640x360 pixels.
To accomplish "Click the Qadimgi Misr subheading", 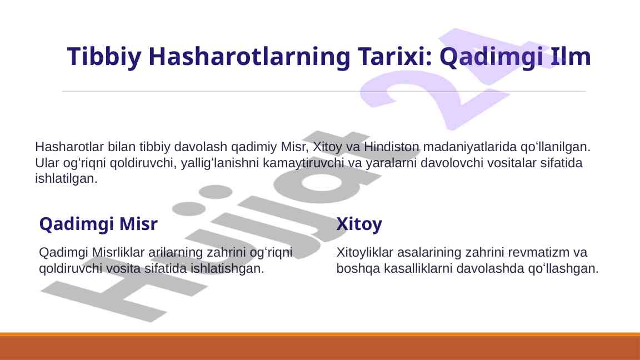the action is tap(98, 224).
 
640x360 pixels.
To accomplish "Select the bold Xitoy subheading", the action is tap(359, 224).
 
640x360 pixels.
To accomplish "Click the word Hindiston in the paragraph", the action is tap(392, 147).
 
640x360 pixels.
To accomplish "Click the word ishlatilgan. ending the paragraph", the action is tap(66, 178).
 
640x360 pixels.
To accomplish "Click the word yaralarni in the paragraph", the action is tap(392, 163).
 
